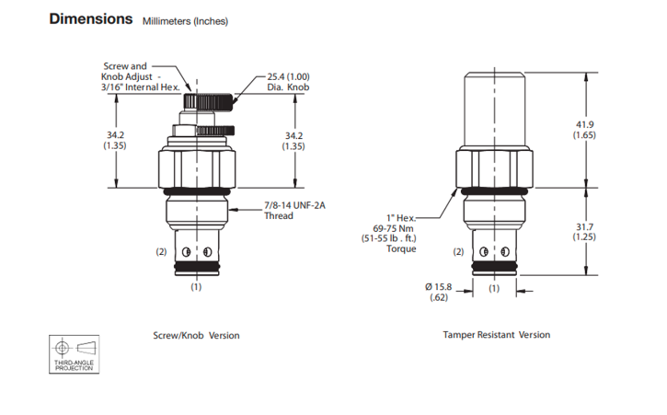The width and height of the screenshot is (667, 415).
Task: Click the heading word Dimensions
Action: tap(89, 19)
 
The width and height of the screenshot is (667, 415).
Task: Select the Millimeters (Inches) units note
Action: tap(185, 21)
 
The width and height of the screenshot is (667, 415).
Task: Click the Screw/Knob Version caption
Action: tap(196, 336)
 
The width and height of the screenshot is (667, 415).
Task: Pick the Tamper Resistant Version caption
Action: tap(496, 336)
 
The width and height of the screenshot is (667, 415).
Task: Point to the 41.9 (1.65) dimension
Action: tap(585, 130)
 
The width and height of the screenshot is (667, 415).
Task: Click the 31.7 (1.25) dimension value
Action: tap(585, 231)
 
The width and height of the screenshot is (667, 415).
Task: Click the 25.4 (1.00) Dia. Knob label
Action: tap(288, 83)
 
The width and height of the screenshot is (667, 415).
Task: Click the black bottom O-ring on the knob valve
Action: tap(196, 270)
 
